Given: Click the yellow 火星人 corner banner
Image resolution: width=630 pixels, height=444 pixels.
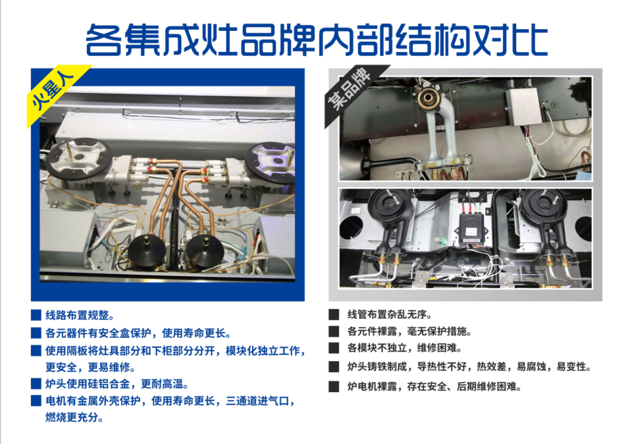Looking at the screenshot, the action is pyautogui.click(x=56, y=95).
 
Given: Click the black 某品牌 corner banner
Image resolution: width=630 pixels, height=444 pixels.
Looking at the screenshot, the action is pyautogui.click(x=353, y=92).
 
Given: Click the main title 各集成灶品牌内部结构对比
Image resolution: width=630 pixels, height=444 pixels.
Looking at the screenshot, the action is pyautogui.click(x=317, y=40).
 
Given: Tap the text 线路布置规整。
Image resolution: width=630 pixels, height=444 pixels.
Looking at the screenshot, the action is pyautogui.click(x=79, y=316).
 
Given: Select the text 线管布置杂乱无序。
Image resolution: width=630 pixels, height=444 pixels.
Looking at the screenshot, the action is pyautogui.click(x=389, y=314).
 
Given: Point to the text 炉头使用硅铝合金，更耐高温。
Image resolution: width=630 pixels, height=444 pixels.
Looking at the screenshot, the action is pyautogui.click(x=117, y=384).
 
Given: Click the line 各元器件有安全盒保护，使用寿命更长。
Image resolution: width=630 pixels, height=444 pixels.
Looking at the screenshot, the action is pyautogui.click(x=138, y=333).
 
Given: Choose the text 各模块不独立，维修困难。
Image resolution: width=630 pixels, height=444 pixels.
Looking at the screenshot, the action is pyautogui.click(x=405, y=348).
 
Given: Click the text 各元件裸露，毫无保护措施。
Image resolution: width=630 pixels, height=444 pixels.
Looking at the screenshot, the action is pyautogui.click(x=409, y=331).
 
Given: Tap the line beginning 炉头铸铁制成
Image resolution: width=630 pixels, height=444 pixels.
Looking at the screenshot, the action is pyautogui.click(x=469, y=366).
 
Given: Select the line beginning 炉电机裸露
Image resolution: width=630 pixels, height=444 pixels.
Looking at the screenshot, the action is pyautogui.click(x=435, y=387).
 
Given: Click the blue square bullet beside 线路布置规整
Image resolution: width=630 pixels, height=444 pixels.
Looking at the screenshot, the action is pyautogui.click(x=36, y=315).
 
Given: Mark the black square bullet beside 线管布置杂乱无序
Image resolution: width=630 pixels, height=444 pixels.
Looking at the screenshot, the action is pyautogui.click(x=334, y=314).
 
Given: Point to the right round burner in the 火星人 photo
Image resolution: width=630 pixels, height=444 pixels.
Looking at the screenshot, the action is pyautogui.click(x=271, y=160).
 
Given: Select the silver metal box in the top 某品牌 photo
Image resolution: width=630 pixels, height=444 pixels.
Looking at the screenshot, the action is pyautogui.click(x=524, y=107).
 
